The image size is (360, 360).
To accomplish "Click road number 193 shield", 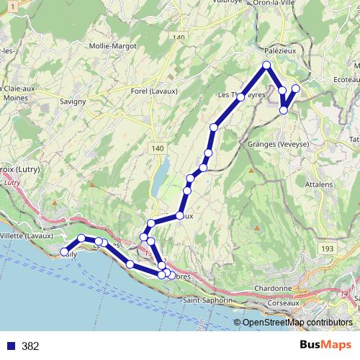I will (x=328, y=248).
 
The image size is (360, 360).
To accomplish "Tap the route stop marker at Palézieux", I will (x=266, y=66).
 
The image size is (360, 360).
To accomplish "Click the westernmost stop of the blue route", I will (x=64, y=252).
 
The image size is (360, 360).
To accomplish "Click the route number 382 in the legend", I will (x=30, y=346).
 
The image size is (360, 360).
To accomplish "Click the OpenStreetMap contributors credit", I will (x=297, y=323).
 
